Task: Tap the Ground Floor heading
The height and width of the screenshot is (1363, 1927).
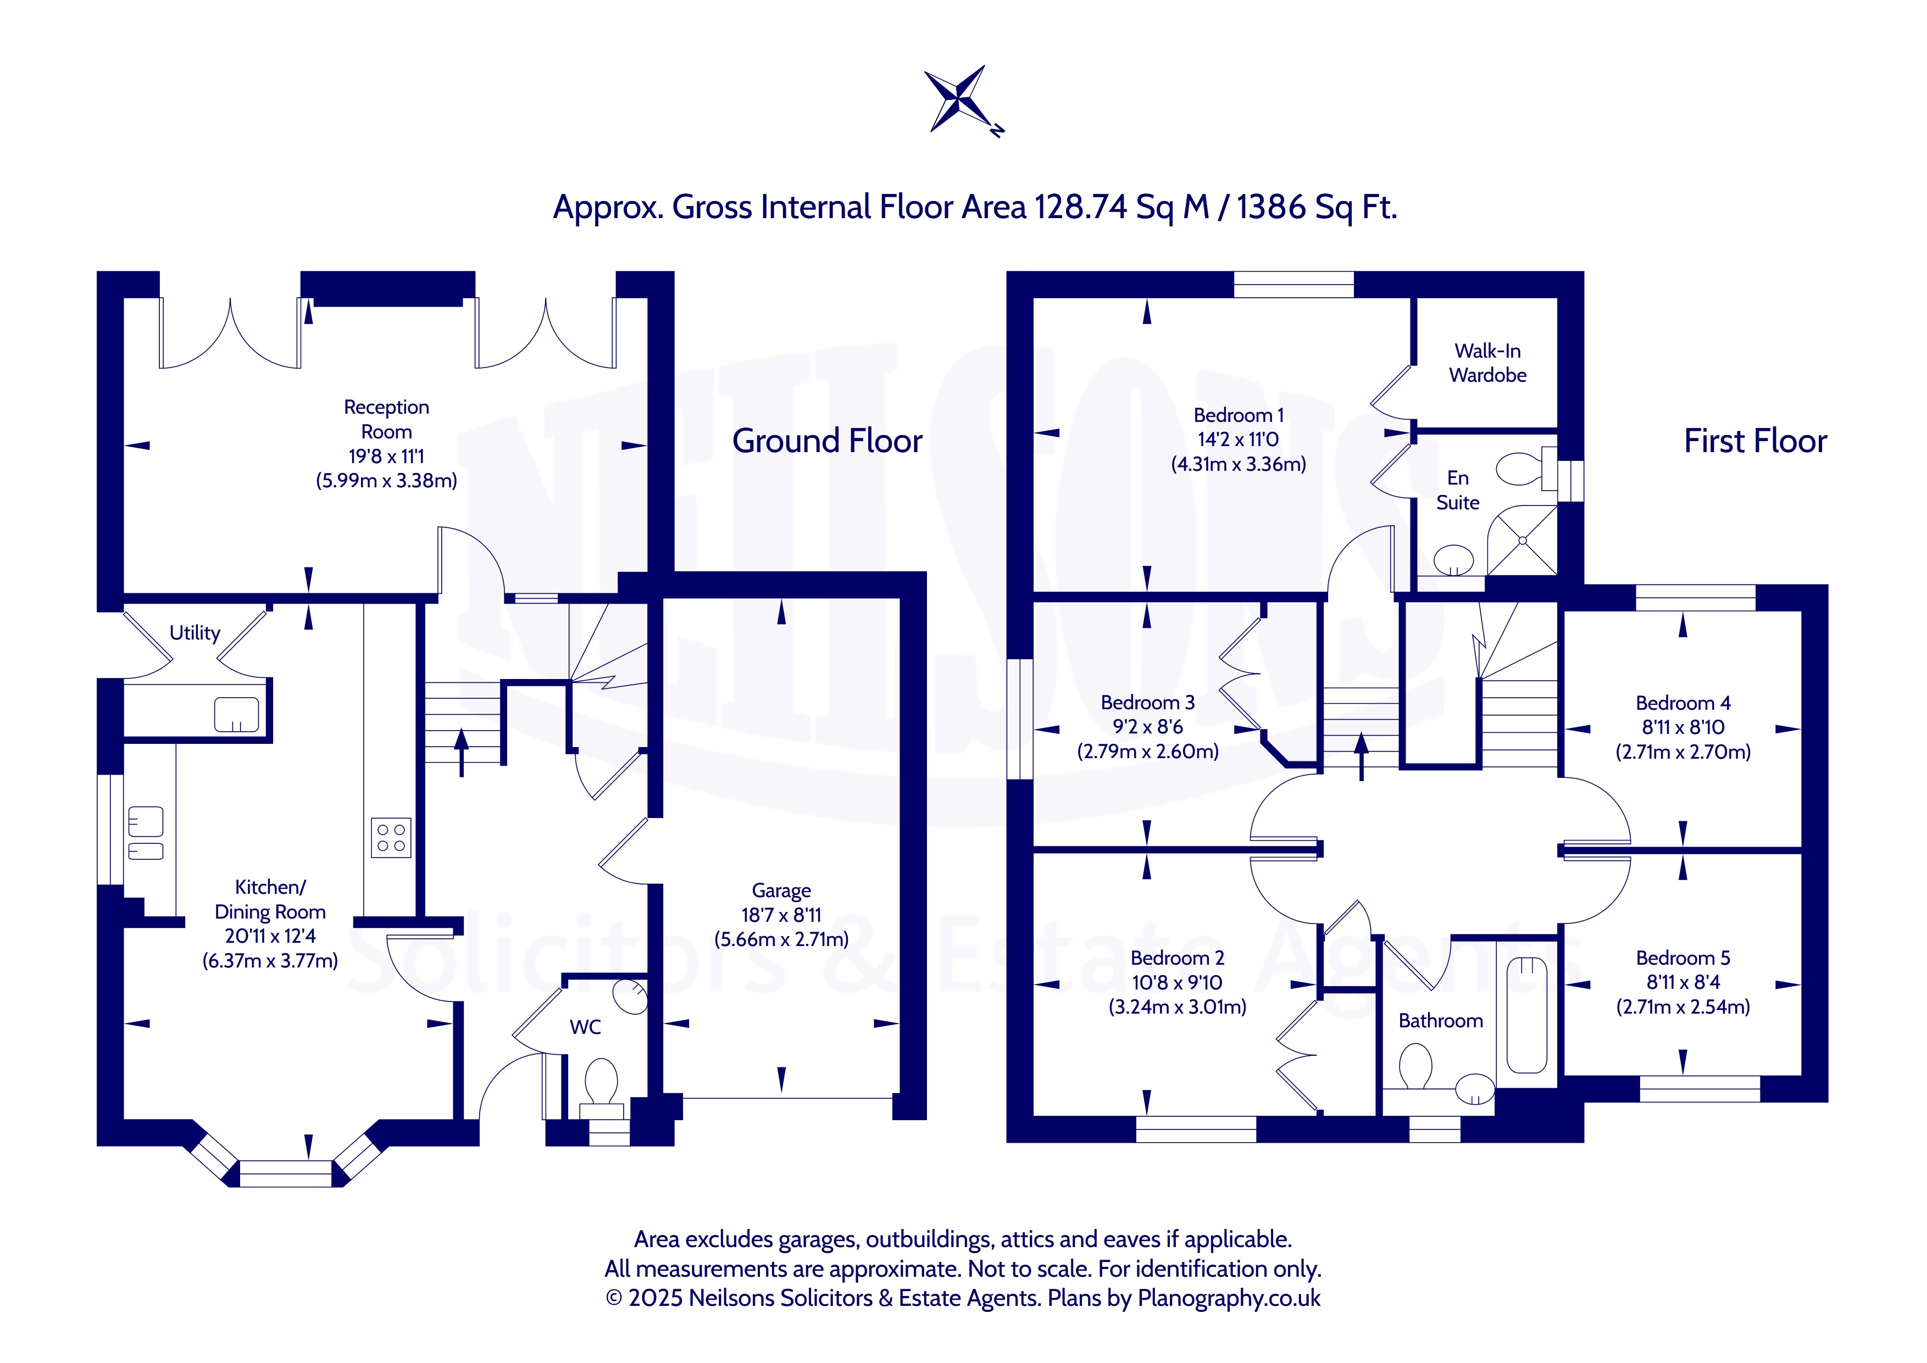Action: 827,441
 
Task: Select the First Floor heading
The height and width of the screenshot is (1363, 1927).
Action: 1755,441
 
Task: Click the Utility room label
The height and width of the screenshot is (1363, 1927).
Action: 195,633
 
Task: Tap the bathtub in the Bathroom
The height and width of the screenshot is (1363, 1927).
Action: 1526,1016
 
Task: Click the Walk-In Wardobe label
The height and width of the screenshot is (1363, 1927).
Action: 1487,363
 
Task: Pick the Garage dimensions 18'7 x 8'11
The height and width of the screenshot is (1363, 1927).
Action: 781,915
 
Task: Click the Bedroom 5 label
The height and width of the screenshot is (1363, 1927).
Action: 1683,958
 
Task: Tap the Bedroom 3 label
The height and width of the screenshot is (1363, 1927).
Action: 1147,703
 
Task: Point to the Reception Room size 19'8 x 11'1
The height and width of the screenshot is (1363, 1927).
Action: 386,457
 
